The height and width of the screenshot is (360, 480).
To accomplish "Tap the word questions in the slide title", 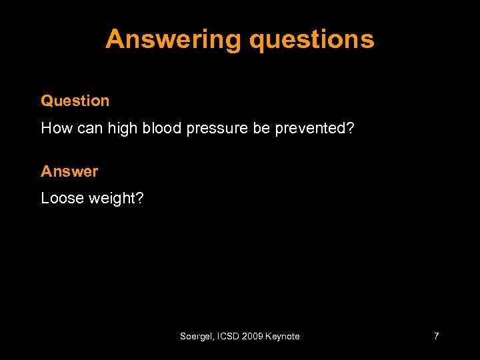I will pos(311,40).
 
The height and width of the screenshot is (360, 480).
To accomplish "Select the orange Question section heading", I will pos(75,101).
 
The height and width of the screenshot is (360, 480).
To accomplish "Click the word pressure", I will pos(217,128).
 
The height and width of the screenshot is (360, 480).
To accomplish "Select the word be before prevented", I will pos(261,128).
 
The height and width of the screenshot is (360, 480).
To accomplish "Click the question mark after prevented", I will pos(350,128).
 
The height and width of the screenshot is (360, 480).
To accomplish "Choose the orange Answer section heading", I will pos(69,171).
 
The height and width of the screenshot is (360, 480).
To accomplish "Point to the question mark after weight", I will pos(139,198).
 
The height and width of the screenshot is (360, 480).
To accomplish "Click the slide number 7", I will pos(436,337).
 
